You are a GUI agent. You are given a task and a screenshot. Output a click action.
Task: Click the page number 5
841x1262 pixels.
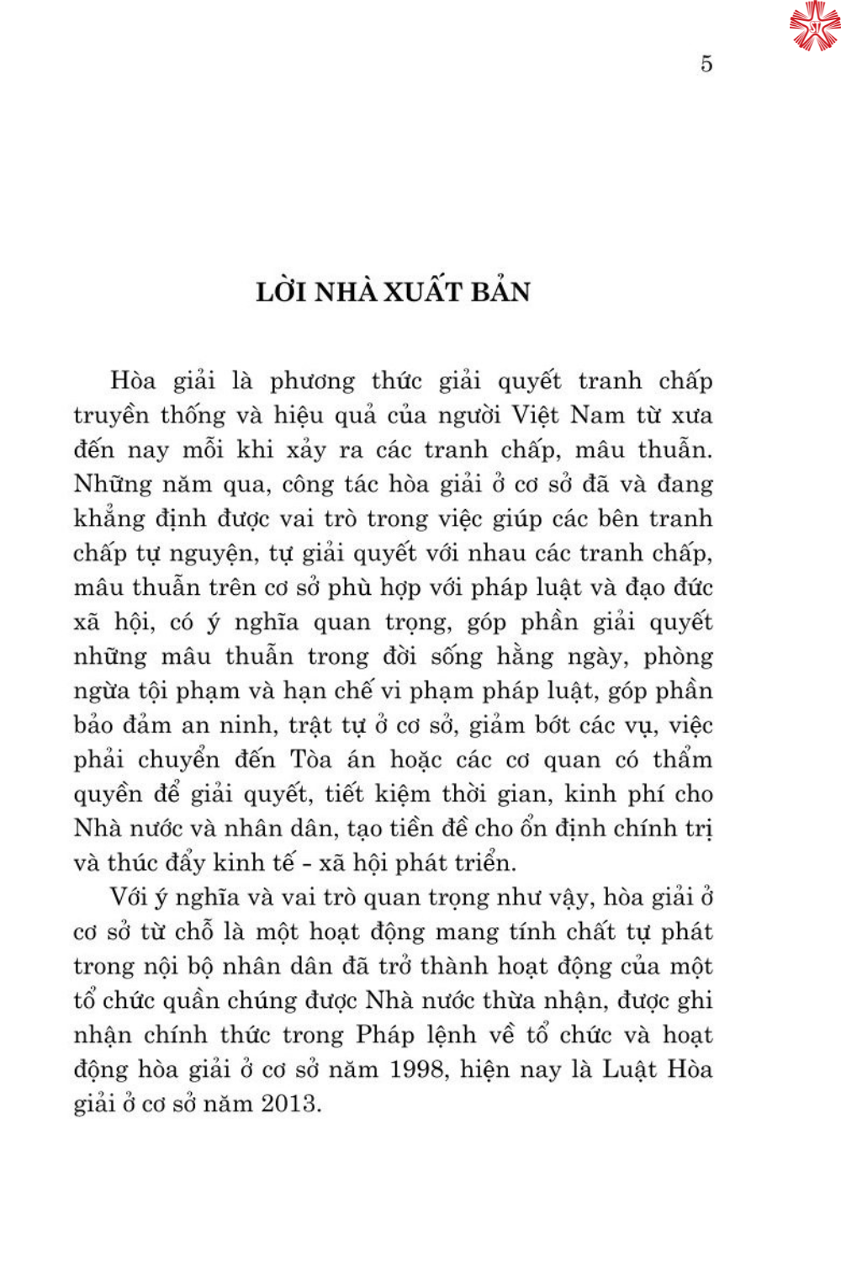pyautogui.click(x=706, y=64)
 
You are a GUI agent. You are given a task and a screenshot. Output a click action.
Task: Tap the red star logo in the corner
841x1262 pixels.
pyautogui.click(x=814, y=26)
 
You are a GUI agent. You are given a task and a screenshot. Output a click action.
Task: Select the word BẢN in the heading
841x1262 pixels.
pyautogui.click(x=500, y=291)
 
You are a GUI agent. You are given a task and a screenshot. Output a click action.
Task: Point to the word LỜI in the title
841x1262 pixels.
pyautogui.click(x=284, y=291)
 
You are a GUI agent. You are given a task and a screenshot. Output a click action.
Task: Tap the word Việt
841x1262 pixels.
pyautogui.click(x=535, y=416)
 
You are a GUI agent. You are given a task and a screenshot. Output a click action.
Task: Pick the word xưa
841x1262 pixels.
pyautogui.click(x=691, y=416)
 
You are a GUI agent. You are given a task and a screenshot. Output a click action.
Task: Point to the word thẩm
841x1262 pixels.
pyautogui.click(x=682, y=761)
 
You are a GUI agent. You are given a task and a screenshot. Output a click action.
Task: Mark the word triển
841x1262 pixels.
pyautogui.click(x=485, y=863)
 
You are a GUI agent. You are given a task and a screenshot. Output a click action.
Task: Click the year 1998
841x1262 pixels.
pyautogui.click(x=417, y=1069)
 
